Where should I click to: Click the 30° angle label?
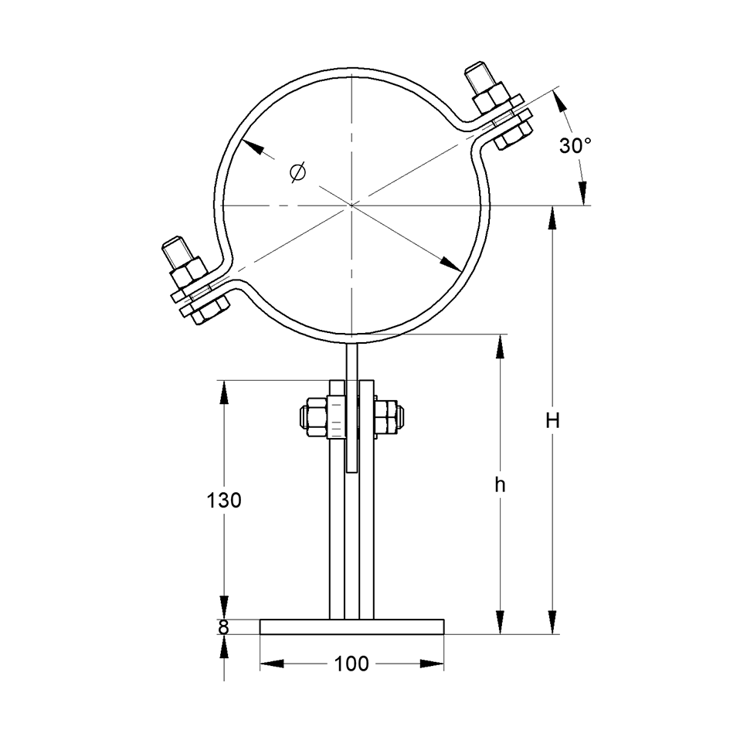tap(576, 146)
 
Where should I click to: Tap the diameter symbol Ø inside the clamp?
tap(297, 171)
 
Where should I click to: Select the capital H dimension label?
tap(552, 421)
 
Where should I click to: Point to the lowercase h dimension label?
tap(500, 485)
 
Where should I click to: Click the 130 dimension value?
tap(224, 501)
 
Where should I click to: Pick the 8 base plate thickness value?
tap(224, 628)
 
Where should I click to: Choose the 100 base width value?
tap(351, 664)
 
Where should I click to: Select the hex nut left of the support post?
tap(313, 417)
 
